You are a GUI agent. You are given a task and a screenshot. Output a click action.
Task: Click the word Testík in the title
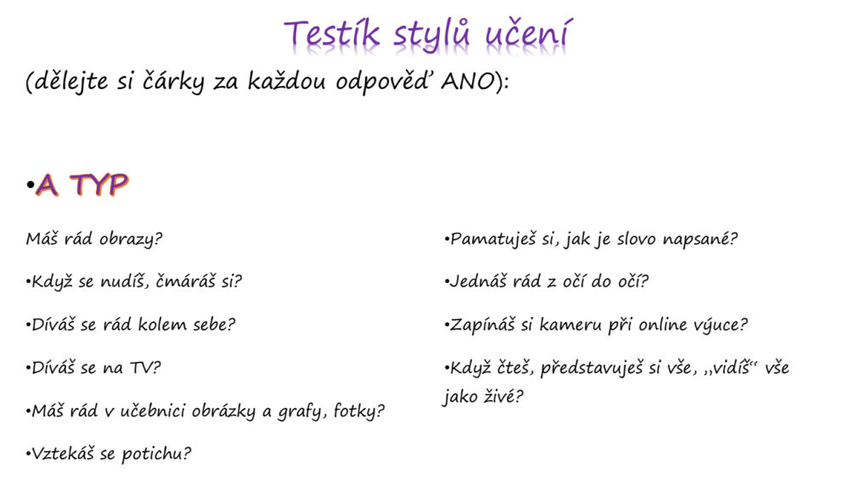[x=331, y=34]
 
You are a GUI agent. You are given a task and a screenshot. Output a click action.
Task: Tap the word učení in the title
[x=528, y=34]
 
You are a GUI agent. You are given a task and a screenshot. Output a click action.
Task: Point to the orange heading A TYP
[x=82, y=185]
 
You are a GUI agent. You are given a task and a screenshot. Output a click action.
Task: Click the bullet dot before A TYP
[x=30, y=186]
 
